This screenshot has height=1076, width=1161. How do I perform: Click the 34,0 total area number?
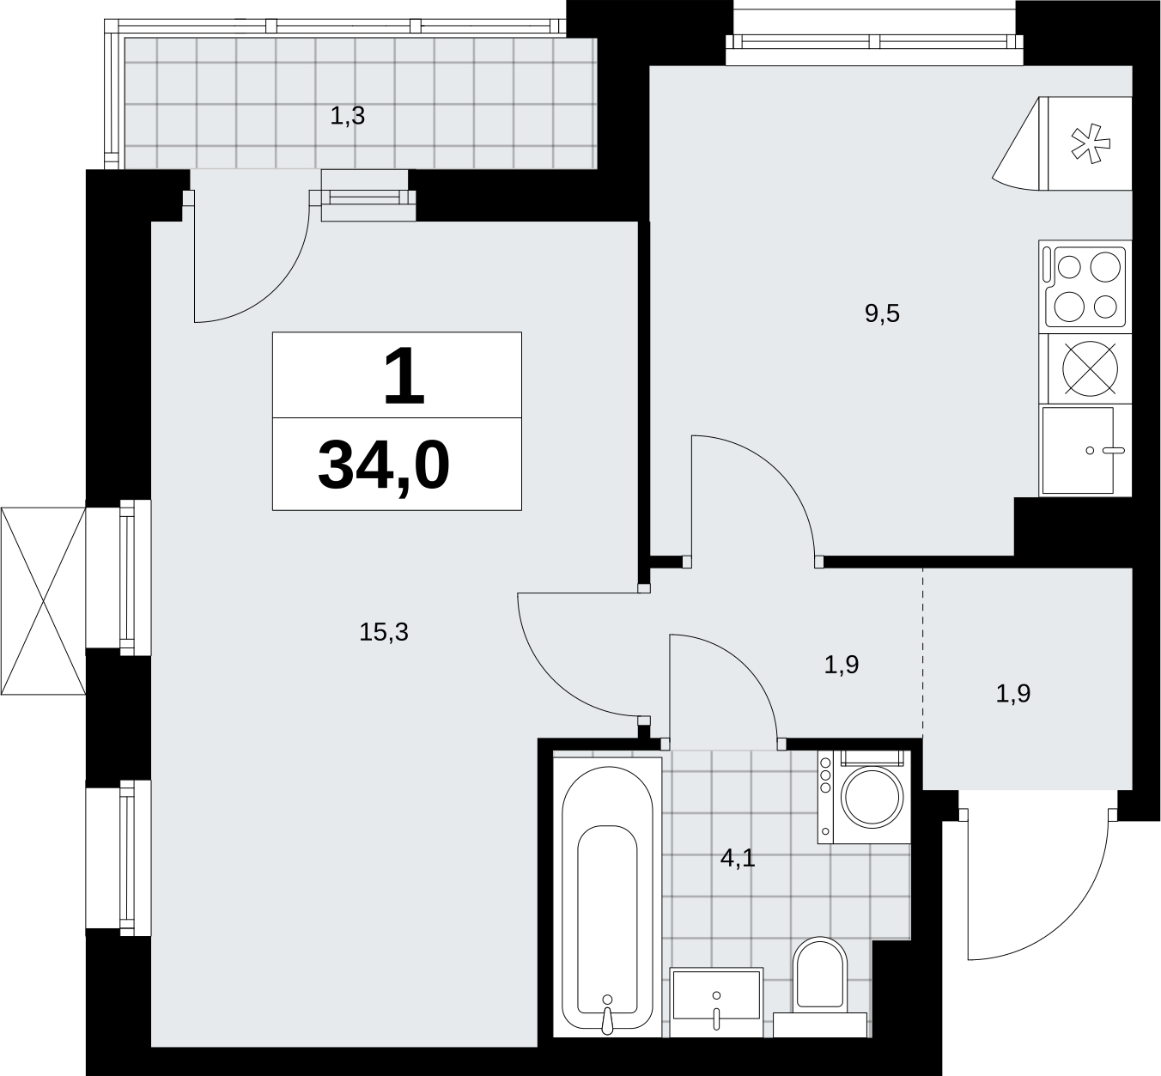384,466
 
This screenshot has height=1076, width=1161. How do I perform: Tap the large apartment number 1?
404,376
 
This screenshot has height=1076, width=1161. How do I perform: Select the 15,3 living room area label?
384,632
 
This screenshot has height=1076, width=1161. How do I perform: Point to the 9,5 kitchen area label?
882,314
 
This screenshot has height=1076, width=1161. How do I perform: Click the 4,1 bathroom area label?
738,859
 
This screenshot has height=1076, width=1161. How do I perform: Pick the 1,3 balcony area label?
348,116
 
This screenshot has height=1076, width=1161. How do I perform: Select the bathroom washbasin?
716,1002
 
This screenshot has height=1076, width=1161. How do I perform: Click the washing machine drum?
872,798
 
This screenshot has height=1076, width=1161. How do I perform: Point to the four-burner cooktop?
1085,287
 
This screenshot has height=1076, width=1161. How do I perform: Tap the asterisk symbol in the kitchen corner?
1091,143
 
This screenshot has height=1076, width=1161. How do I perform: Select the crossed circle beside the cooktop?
1091,369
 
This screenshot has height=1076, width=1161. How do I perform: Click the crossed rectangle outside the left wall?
43,601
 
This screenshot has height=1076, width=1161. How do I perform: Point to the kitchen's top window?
874,42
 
